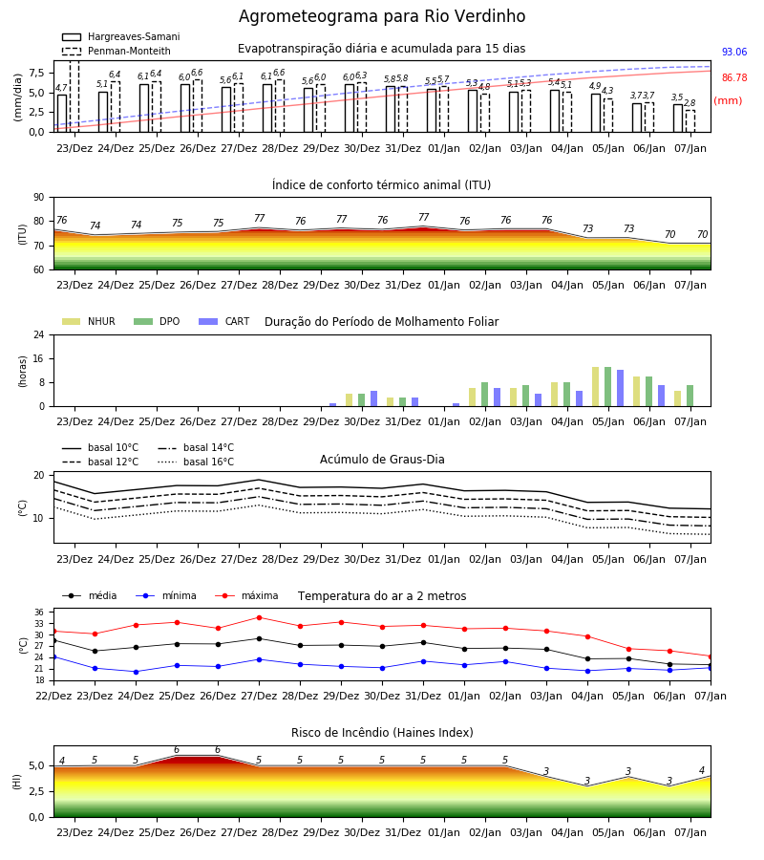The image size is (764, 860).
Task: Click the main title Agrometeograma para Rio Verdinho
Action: [382, 16]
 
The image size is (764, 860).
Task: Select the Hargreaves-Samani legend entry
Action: [121, 36]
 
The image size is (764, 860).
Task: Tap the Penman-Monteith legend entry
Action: [117, 51]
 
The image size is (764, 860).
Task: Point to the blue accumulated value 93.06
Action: [734, 53]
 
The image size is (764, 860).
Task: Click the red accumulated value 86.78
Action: [734, 78]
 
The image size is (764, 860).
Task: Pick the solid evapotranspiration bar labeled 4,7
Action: [62, 114]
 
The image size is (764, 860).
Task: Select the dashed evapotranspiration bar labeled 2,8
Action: [690, 121]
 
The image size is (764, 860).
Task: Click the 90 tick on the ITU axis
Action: [39, 198]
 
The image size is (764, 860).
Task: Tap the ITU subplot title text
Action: [381, 184]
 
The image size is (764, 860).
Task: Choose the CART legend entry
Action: [224, 321]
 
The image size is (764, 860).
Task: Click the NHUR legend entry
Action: [89, 321]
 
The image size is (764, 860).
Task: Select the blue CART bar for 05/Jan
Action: [621, 388]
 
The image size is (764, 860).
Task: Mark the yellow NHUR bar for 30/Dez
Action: [350, 399]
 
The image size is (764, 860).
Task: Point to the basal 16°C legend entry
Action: [196, 462]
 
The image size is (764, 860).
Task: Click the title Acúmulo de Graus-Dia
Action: [382, 460]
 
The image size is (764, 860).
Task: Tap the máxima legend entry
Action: [246, 595]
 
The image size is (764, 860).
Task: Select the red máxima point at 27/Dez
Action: [259, 617]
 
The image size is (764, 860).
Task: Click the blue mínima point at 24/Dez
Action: [136, 672]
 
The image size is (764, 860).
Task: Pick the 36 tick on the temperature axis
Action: [39, 613]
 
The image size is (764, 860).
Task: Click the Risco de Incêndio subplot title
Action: [382, 733]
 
